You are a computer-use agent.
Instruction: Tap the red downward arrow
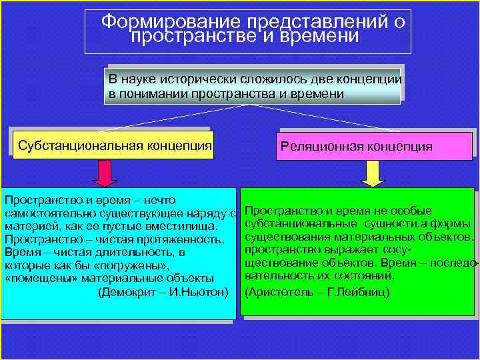[105, 173]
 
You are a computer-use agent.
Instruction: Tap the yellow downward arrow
[374, 173]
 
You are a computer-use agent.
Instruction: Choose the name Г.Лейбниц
[357, 292]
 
